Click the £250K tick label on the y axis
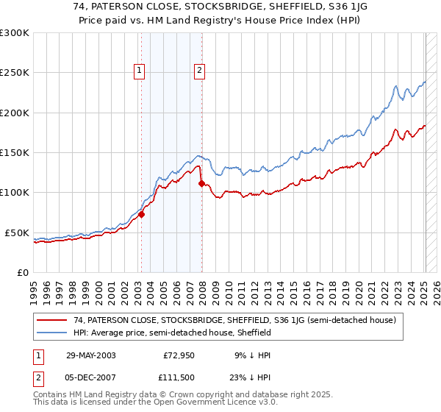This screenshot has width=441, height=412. (x=15, y=73)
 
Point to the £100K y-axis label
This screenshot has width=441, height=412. (x=15, y=193)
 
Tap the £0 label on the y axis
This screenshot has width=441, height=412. (x=22, y=272)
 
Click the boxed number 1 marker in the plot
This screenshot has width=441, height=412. (x=140, y=71)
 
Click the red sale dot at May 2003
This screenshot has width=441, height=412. (x=143, y=214)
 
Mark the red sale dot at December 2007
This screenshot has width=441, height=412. (x=202, y=184)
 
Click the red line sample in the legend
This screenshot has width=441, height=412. (x=53, y=320)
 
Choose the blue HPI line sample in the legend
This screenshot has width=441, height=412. (x=53, y=333)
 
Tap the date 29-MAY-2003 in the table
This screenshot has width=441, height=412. (x=90, y=355)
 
